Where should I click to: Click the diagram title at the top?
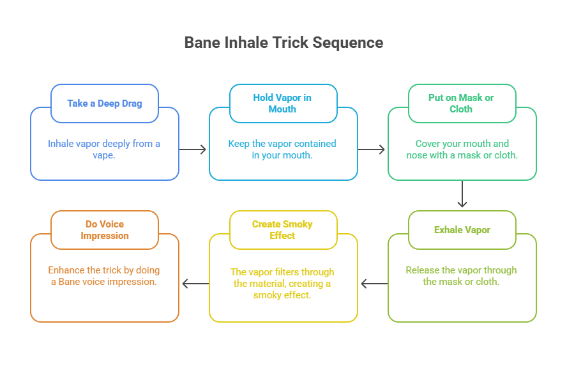pos(283,43)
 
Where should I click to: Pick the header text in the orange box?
pos(105,229)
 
